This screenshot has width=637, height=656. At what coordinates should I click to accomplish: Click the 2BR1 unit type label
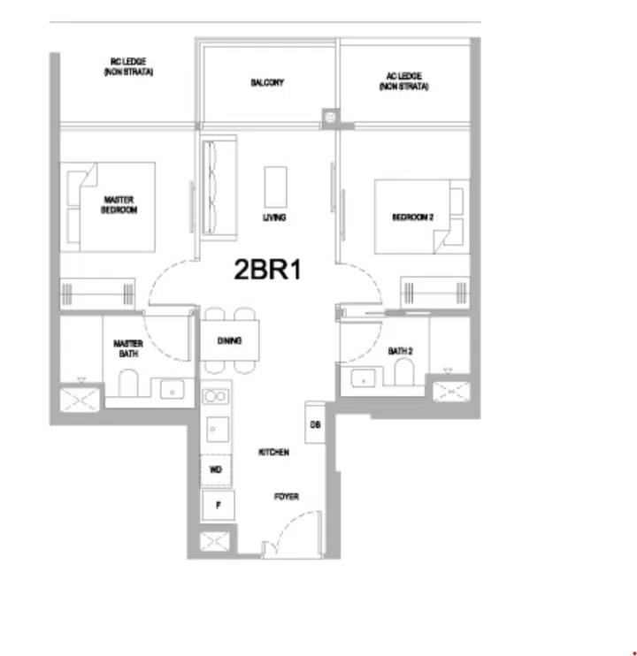(268, 270)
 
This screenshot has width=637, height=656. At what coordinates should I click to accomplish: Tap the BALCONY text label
(266, 83)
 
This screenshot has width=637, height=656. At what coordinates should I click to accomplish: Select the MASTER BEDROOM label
(119, 205)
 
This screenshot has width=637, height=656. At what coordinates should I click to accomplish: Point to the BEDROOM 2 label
(413, 217)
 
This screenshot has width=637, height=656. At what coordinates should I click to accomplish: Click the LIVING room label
(274, 217)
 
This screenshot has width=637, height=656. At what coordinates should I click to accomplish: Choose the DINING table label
(230, 340)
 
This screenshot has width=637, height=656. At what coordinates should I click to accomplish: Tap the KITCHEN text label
(273, 452)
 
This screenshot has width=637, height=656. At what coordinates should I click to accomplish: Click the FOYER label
(286, 497)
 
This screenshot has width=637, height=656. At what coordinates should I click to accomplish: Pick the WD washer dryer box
(216, 469)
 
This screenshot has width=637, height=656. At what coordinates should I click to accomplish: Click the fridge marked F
(217, 506)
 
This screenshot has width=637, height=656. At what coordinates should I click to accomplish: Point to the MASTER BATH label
(128, 348)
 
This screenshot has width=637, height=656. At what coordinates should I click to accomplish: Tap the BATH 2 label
(401, 351)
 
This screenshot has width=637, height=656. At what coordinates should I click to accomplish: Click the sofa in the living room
(218, 186)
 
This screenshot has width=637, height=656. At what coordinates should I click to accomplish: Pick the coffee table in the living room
(275, 186)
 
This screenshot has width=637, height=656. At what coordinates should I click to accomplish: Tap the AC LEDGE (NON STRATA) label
(403, 82)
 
